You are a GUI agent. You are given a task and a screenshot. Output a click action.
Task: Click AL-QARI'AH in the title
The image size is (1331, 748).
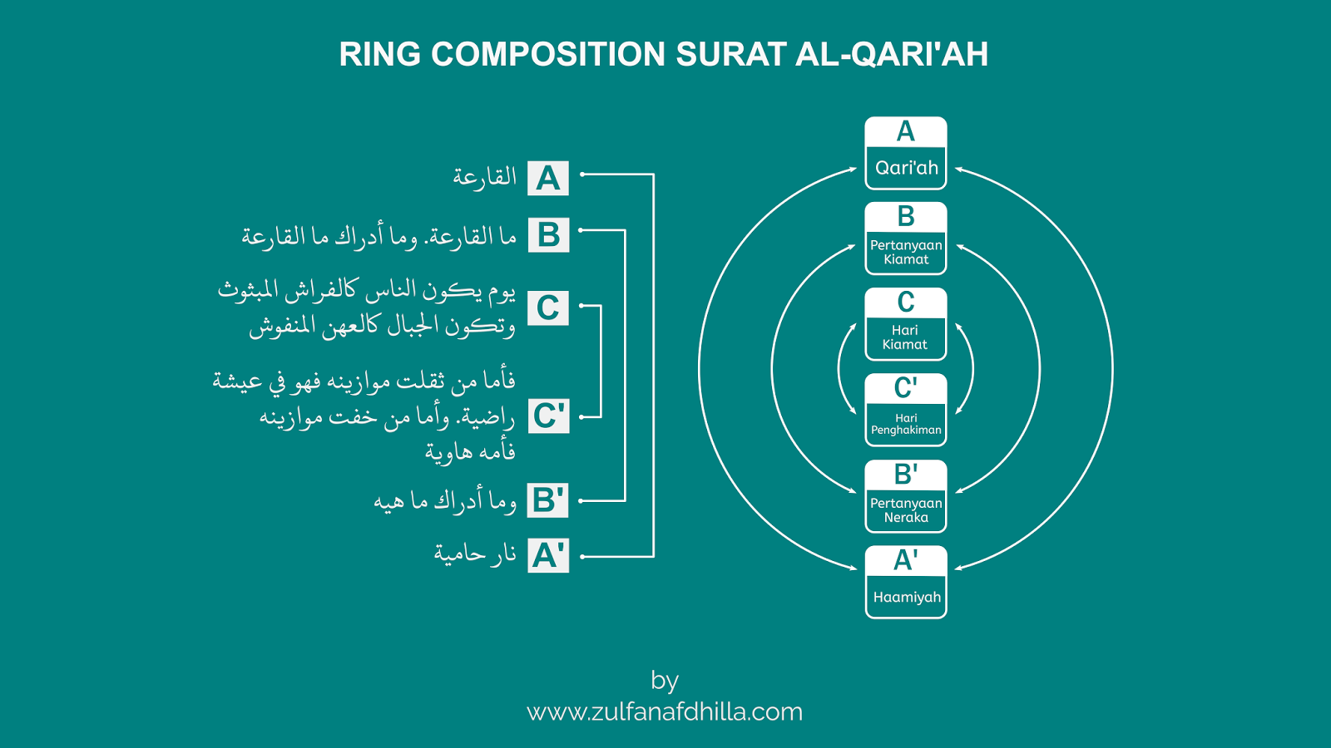(891, 55)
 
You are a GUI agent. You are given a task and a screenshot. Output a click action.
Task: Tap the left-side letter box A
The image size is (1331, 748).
(548, 179)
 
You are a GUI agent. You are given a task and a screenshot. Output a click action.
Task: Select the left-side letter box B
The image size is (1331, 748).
(548, 235)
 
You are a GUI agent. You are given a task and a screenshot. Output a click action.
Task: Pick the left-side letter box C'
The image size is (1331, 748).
(548, 416)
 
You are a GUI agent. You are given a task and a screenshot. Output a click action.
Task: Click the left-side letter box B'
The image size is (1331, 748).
(548, 501)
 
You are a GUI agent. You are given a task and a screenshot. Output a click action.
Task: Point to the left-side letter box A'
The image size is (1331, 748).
(548, 556)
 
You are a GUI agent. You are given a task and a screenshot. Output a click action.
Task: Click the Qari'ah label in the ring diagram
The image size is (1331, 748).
(906, 168)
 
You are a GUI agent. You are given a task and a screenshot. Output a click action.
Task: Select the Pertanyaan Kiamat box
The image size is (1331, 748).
(906, 252)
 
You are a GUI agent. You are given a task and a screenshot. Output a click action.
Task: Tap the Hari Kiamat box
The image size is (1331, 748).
(905, 337)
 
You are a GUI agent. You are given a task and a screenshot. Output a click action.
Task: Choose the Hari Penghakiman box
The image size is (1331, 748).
(906, 424)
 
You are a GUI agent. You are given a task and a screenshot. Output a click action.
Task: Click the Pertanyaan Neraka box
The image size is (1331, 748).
(906, 509)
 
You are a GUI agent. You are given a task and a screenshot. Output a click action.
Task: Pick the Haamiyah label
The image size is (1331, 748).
(907, 597)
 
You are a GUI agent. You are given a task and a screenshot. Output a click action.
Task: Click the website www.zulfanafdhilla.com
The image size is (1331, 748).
(665, 712)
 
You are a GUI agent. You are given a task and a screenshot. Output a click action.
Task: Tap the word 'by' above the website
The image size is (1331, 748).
(665, 681)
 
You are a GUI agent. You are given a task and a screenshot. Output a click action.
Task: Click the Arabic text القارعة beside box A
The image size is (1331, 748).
(484, 177)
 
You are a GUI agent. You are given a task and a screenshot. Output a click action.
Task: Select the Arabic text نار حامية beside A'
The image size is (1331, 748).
(475, 554)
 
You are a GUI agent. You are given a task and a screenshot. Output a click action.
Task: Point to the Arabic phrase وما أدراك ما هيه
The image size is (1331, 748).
(445, 501)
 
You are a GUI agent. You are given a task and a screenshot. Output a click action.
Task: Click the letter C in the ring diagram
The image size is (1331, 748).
(906, 303)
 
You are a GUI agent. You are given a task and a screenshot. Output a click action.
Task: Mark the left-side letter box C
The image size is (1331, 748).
(548, 308)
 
